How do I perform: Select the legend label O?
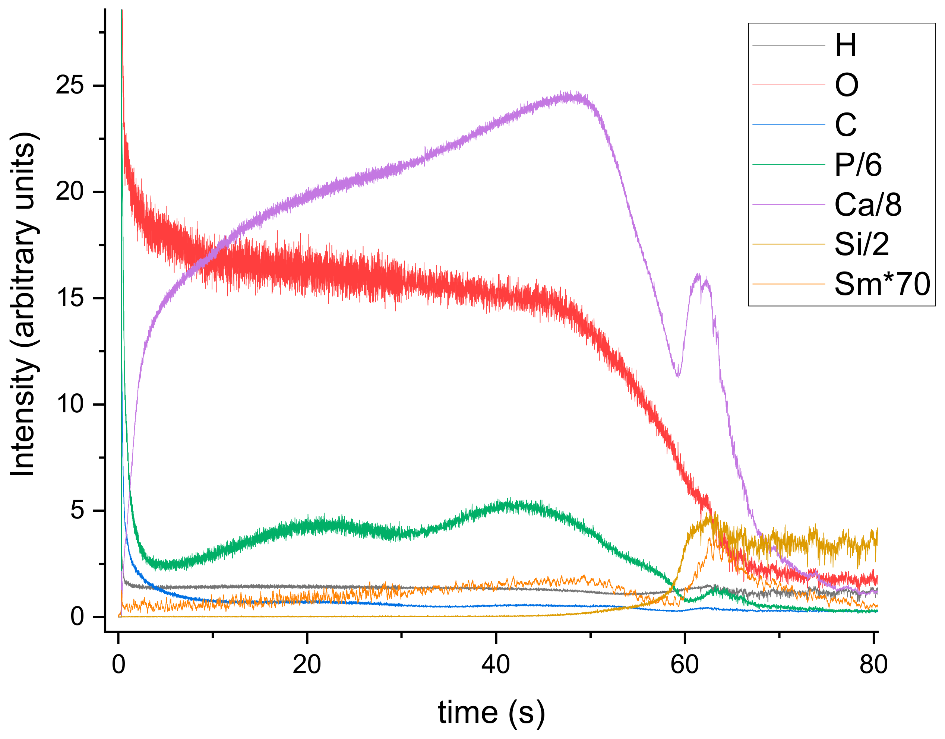[846, 85]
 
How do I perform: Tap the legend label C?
[846, 125]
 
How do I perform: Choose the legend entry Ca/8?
[867, 204]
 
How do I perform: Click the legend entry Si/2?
[862, 244]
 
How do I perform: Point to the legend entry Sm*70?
[882, 284]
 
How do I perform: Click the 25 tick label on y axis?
[69, 85]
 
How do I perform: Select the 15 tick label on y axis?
[69, 298]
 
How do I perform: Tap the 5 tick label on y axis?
[77, 510]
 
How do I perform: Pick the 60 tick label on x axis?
[685, 664]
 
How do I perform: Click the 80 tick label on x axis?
[873, 664]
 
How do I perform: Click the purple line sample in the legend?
[788, 204]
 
